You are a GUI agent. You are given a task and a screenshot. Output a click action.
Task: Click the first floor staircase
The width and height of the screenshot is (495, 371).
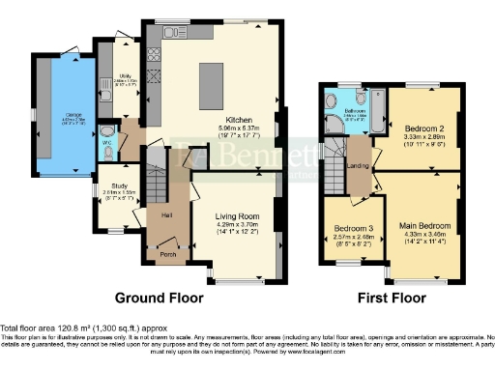[x=334, y=154]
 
